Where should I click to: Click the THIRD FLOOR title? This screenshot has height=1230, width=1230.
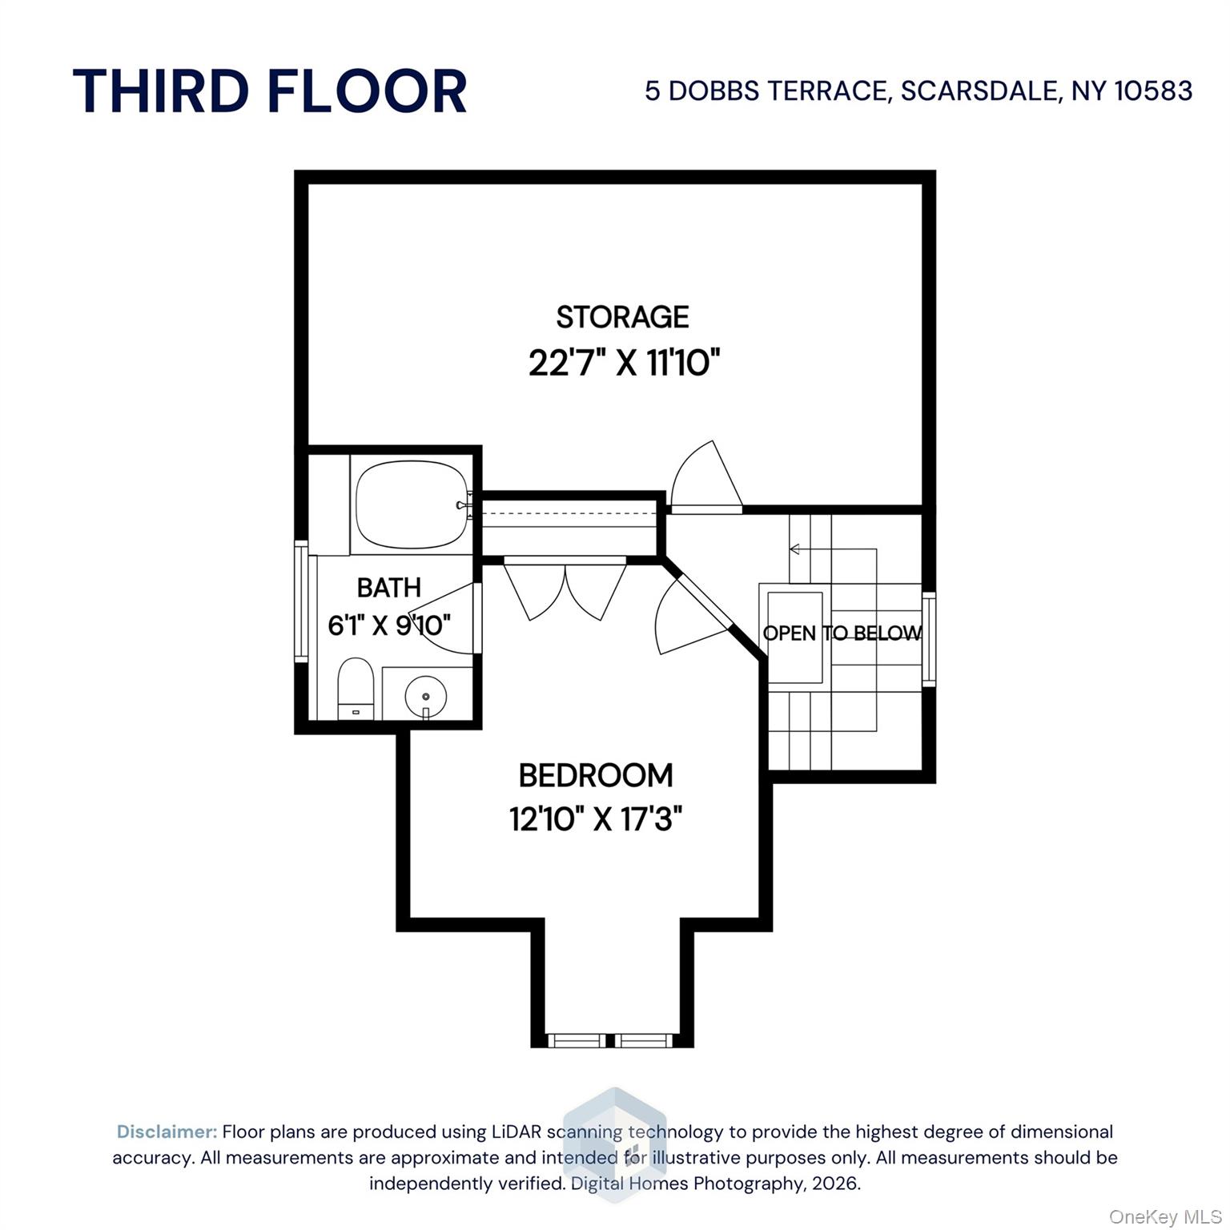coord(270,90)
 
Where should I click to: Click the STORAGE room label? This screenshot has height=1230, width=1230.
coord(622,317)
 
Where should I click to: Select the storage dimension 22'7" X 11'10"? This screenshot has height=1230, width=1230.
coord(624,364)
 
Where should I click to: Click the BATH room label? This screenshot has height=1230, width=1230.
coord(388,588)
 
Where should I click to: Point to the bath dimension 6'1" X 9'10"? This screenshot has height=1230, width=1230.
coord(389,625)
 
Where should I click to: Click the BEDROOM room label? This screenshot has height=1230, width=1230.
coord(596,775)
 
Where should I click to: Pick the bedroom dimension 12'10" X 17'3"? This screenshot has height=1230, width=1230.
coord(596,819)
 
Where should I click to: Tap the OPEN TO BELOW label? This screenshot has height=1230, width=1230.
coord(842,633)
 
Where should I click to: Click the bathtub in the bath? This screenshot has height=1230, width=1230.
coord(411,505)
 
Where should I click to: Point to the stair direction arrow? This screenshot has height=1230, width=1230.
coord(794,549)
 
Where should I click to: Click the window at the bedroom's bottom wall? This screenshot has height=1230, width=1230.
coord(612,1040)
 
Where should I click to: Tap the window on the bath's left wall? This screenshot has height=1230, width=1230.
coord(301,601)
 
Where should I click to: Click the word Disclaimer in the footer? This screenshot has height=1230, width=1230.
coord(167,1132)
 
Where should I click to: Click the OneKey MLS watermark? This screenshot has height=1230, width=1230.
coord(1164,1216)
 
